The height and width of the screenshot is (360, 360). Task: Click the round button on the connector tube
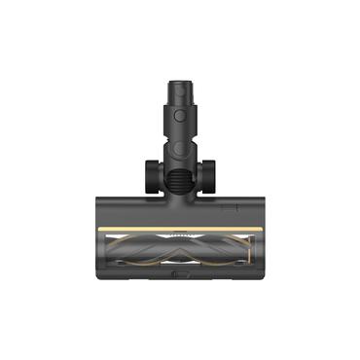click(x=180, y=113)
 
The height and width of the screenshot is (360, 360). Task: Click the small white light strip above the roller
click(x=180, y=234)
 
